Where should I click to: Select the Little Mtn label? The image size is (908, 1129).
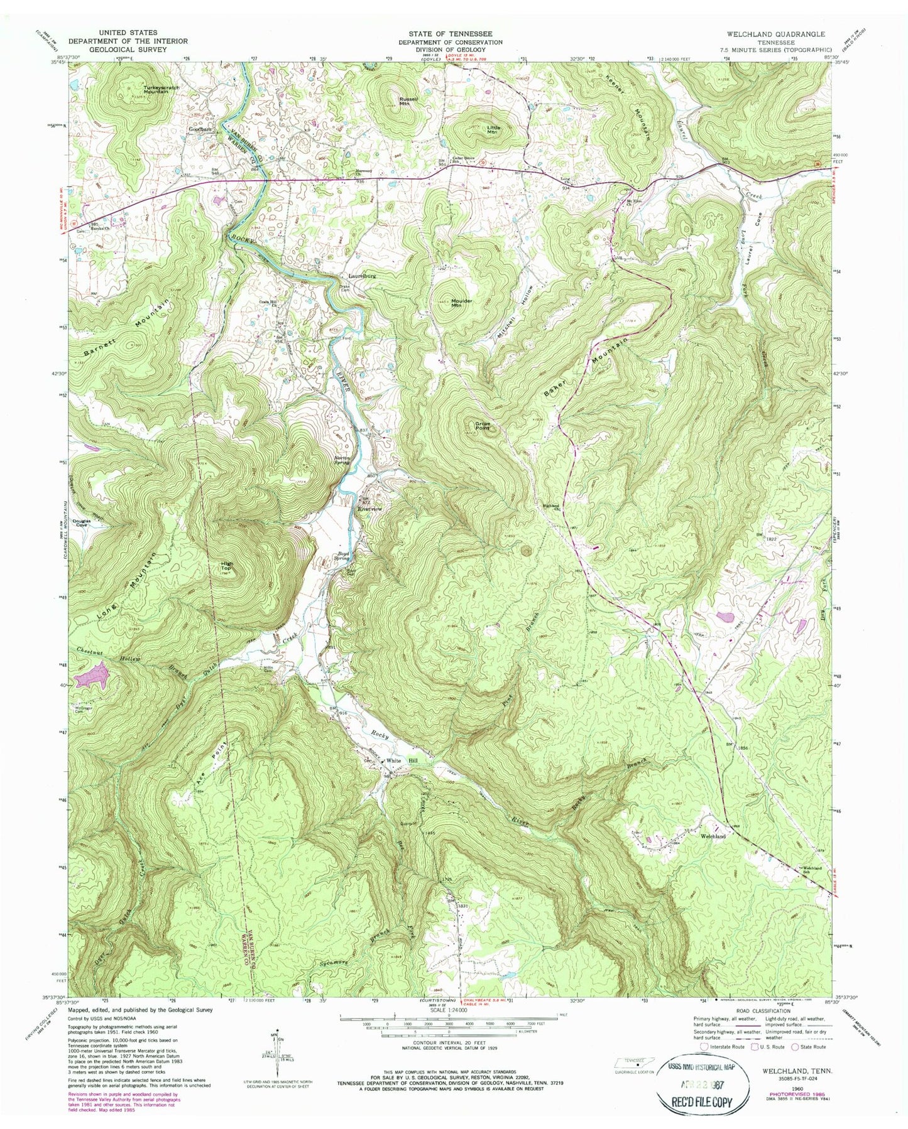(492, 129)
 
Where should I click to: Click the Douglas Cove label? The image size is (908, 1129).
(84, 522)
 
